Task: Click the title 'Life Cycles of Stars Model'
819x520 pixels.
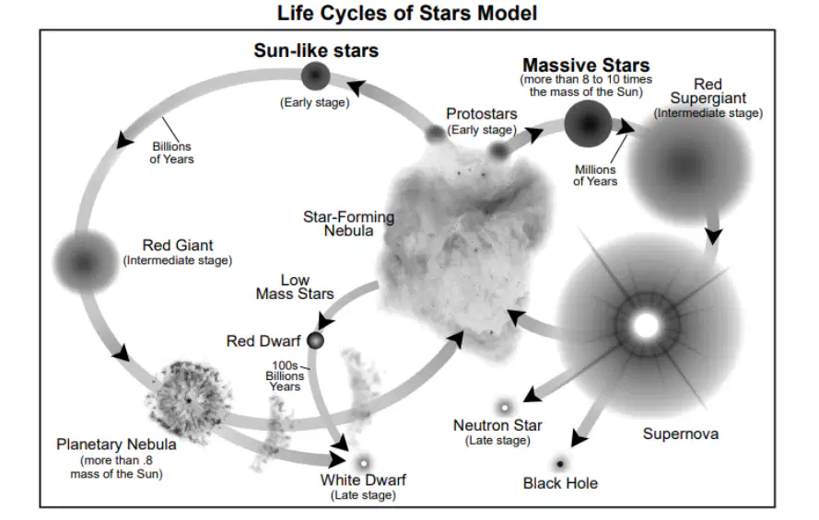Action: point(407,13)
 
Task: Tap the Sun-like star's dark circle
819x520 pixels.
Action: point(315,75)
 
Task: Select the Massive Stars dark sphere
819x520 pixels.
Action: point(588,124)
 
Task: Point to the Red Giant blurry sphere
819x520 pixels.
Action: point(85,262)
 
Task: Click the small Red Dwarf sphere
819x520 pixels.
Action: point(315,341)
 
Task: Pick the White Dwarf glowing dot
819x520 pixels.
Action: point(364,463)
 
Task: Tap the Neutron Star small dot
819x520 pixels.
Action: point(505,408)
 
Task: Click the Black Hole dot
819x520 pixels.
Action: point(560,463)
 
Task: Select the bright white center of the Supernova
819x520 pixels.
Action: point(646,326)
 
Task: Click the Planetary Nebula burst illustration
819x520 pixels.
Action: point(188,400)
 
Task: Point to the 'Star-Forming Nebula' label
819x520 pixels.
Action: point(348,224)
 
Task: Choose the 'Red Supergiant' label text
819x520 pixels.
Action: point(708,91)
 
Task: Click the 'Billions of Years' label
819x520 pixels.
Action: point(171,153)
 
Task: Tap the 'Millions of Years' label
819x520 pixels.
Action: point(595,175)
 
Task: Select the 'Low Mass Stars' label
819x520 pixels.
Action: point(295,287)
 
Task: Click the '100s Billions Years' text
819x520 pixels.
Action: point(285,376)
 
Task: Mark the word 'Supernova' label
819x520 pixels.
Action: point(681,433)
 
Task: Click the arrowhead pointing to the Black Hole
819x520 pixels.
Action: point(579,438)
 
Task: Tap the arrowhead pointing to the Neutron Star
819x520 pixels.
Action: point(532,395)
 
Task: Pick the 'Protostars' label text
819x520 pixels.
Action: point(482,114)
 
